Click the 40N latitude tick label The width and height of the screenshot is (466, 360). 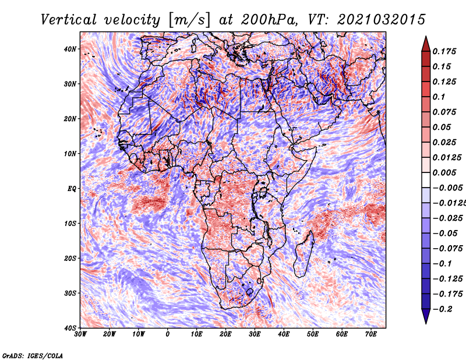pos(70,49)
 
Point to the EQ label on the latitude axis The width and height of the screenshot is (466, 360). pos(72,189)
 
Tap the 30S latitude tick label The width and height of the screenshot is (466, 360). pos(70,294)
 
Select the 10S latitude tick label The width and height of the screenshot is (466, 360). pos(70,224)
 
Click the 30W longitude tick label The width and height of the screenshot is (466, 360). pos(80,334)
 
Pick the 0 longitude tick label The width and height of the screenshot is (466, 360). pos(168,334)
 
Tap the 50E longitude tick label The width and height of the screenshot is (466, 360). pos(313,334)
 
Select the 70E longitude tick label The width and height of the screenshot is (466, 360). pos(371,334)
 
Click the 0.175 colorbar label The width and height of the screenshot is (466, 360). pos(444,51)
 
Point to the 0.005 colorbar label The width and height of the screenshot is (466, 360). pos(444,172)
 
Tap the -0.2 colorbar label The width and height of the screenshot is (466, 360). pos(443,309)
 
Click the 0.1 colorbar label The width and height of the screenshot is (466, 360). pos(439,97)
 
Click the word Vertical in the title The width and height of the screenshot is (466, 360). pos(69,20)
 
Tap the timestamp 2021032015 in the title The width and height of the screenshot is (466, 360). pos(382,20)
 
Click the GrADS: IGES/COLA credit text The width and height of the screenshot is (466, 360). pos(33,355)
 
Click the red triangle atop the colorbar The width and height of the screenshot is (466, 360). pos(426,44)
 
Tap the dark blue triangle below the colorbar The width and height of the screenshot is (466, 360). pos(426,316)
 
